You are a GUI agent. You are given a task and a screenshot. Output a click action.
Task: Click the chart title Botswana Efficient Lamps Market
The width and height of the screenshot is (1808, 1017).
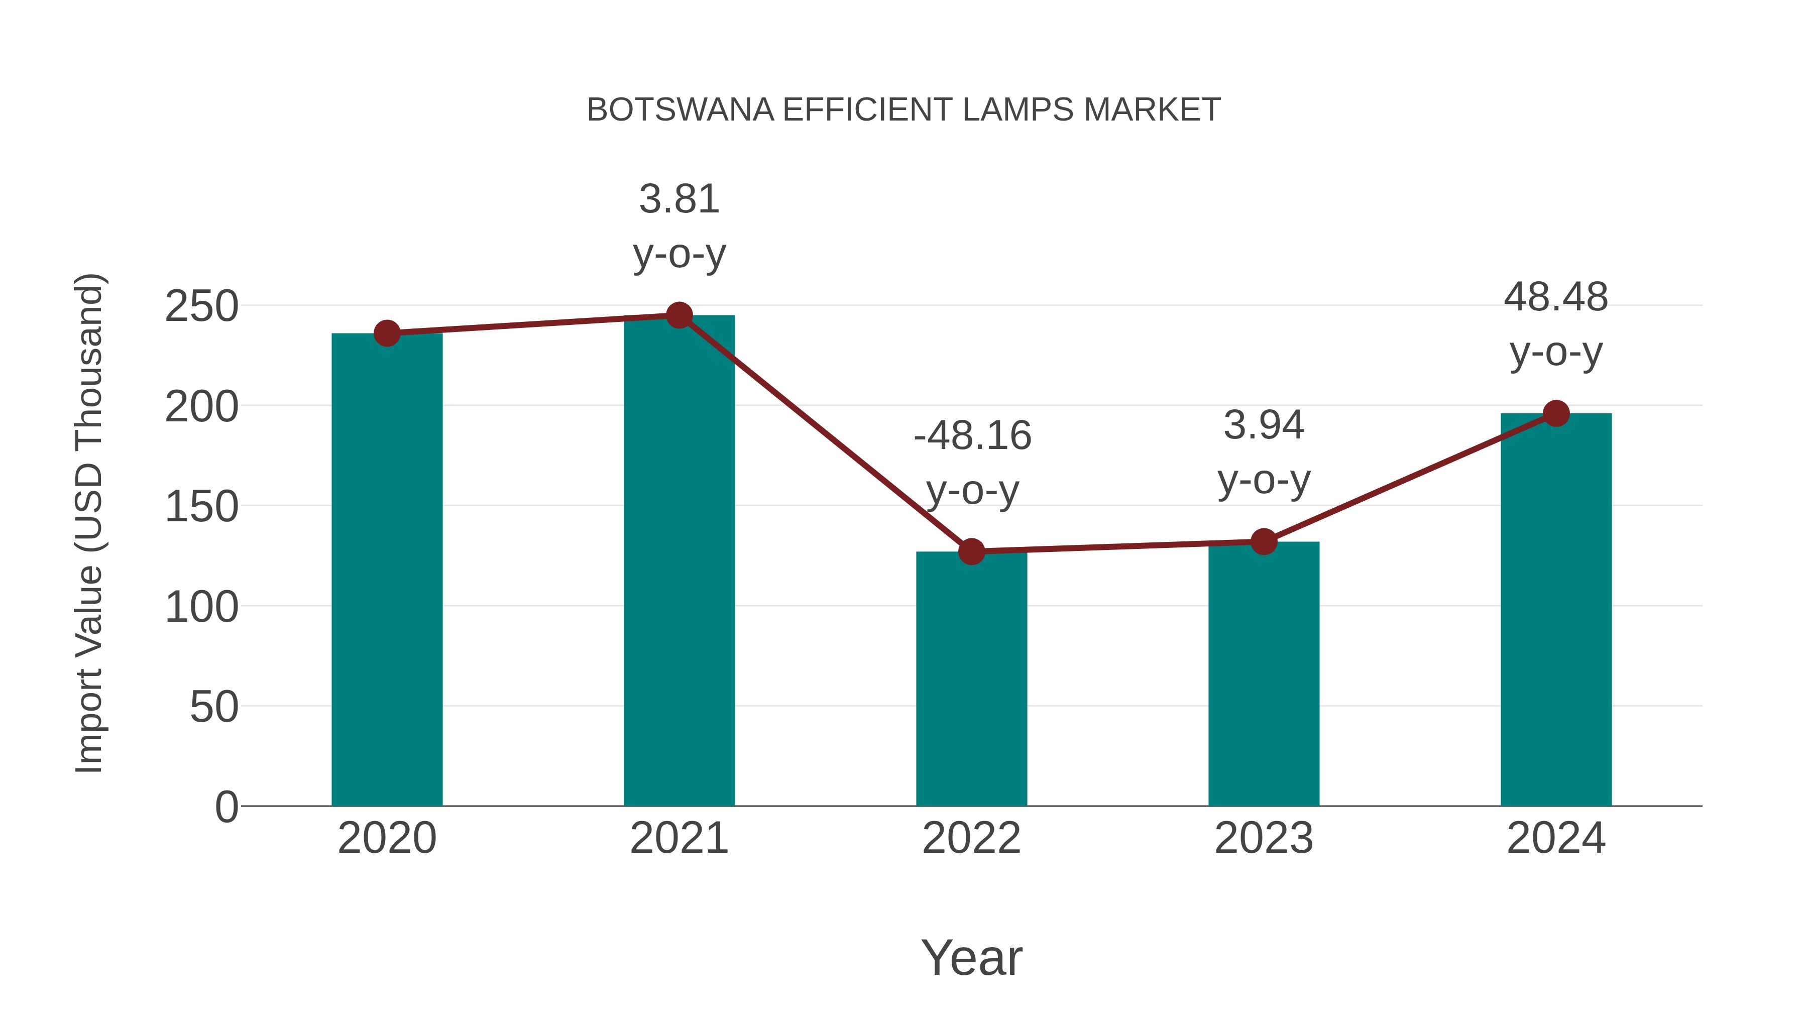[903, 110]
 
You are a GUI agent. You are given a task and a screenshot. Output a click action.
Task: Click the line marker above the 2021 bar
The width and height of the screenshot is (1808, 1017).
[679, 316]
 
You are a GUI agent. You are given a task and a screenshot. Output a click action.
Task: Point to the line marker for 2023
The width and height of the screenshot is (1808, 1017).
[1264, 542]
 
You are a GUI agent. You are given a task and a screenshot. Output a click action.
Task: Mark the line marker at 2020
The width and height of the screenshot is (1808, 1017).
[387, 333]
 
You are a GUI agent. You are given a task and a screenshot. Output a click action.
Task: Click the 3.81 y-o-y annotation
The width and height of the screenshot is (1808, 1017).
[679, 226]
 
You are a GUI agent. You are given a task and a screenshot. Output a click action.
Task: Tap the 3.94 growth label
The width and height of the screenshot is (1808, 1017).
[1264, 453]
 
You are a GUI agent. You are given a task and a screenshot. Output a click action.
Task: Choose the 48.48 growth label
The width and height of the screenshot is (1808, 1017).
[1556, 324]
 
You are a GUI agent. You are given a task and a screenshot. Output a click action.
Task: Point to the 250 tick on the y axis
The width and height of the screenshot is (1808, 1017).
[201, 307]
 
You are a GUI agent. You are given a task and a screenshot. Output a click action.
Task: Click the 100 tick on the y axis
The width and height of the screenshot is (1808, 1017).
[201, 607]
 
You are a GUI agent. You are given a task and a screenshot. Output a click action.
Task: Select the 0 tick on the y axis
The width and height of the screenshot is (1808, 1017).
[226, 807]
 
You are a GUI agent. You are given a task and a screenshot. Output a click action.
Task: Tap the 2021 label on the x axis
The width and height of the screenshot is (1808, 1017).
[679, 838]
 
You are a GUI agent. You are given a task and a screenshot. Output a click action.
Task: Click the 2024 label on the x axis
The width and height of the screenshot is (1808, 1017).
[1556, 838]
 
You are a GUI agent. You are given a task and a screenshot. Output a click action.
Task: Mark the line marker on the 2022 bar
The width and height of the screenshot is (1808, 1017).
[971, 551]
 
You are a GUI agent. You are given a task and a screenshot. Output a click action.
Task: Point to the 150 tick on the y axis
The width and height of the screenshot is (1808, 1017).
[201, 507]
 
